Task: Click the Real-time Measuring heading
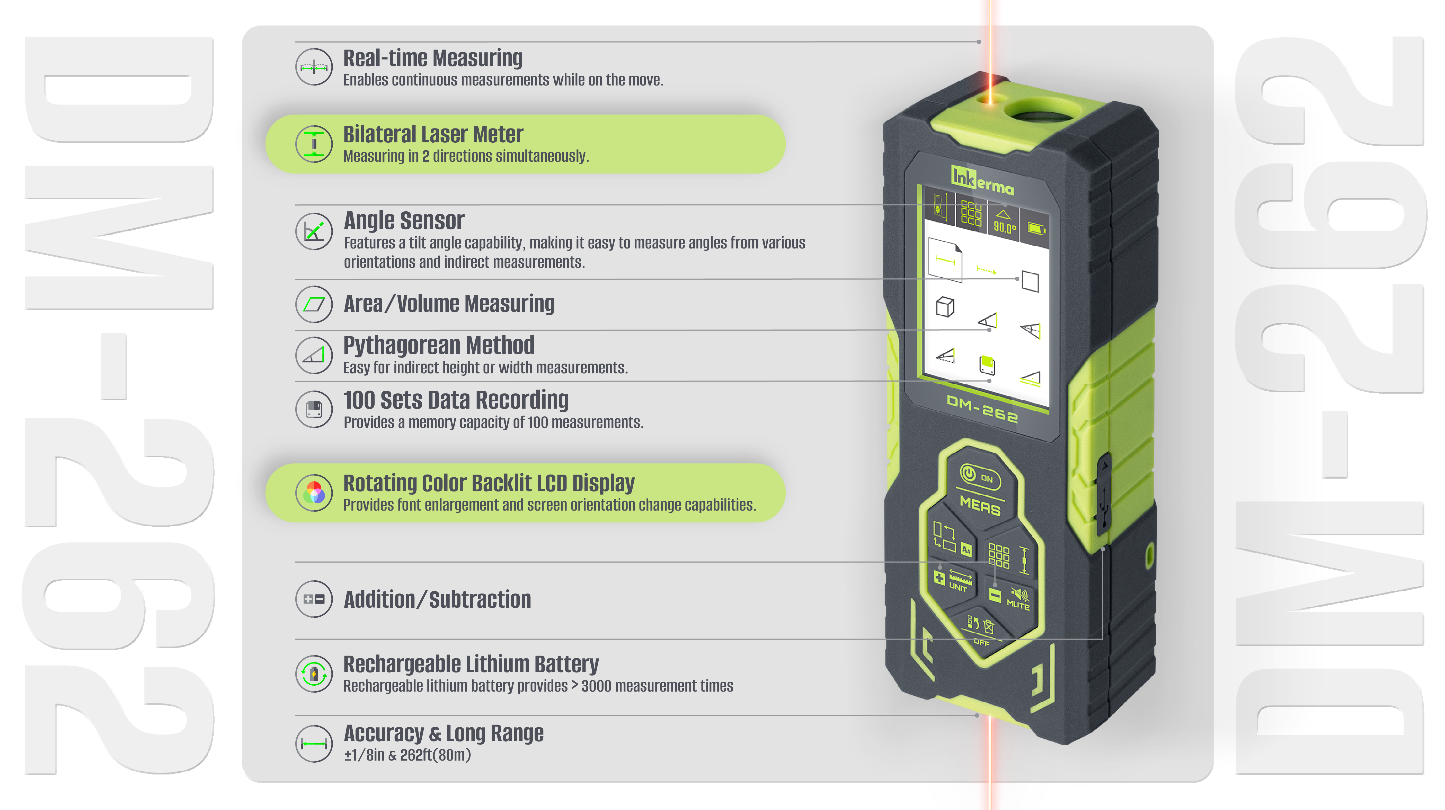click(x=432, y=58)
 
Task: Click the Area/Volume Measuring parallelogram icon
click(x=314, y=304)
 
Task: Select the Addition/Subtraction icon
click(x=314, y=599)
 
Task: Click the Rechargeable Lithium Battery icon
click(x=314, y=674)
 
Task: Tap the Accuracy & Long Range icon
click(x=314, y=744)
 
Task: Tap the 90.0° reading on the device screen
click(x=1005, y=227)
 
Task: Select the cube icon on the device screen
click(x=945, y=306)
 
